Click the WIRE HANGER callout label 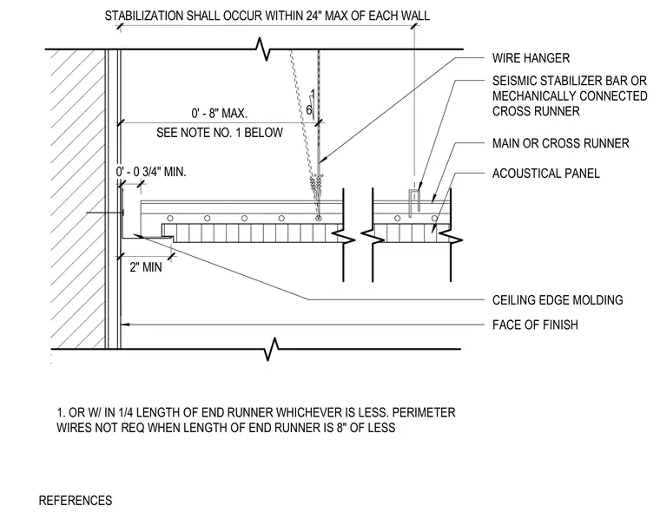coord(531,58)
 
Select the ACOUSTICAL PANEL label coord(546,174)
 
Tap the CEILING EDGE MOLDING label coord(558,300)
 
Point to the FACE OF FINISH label coord(535,325)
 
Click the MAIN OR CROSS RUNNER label coord(561,143)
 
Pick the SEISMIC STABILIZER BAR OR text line coord(570,81)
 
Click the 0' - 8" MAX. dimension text coord(220,113)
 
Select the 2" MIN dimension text coord(146,267)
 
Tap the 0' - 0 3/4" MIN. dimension coord(151,172)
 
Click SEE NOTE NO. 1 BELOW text coord(220,133)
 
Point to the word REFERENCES coord(76,501)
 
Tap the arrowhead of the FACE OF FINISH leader coord(124,325)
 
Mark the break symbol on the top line coord(262,49)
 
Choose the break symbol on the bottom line coord(272,349)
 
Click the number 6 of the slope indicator coord(309,110)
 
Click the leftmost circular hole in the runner coord(170,219)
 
